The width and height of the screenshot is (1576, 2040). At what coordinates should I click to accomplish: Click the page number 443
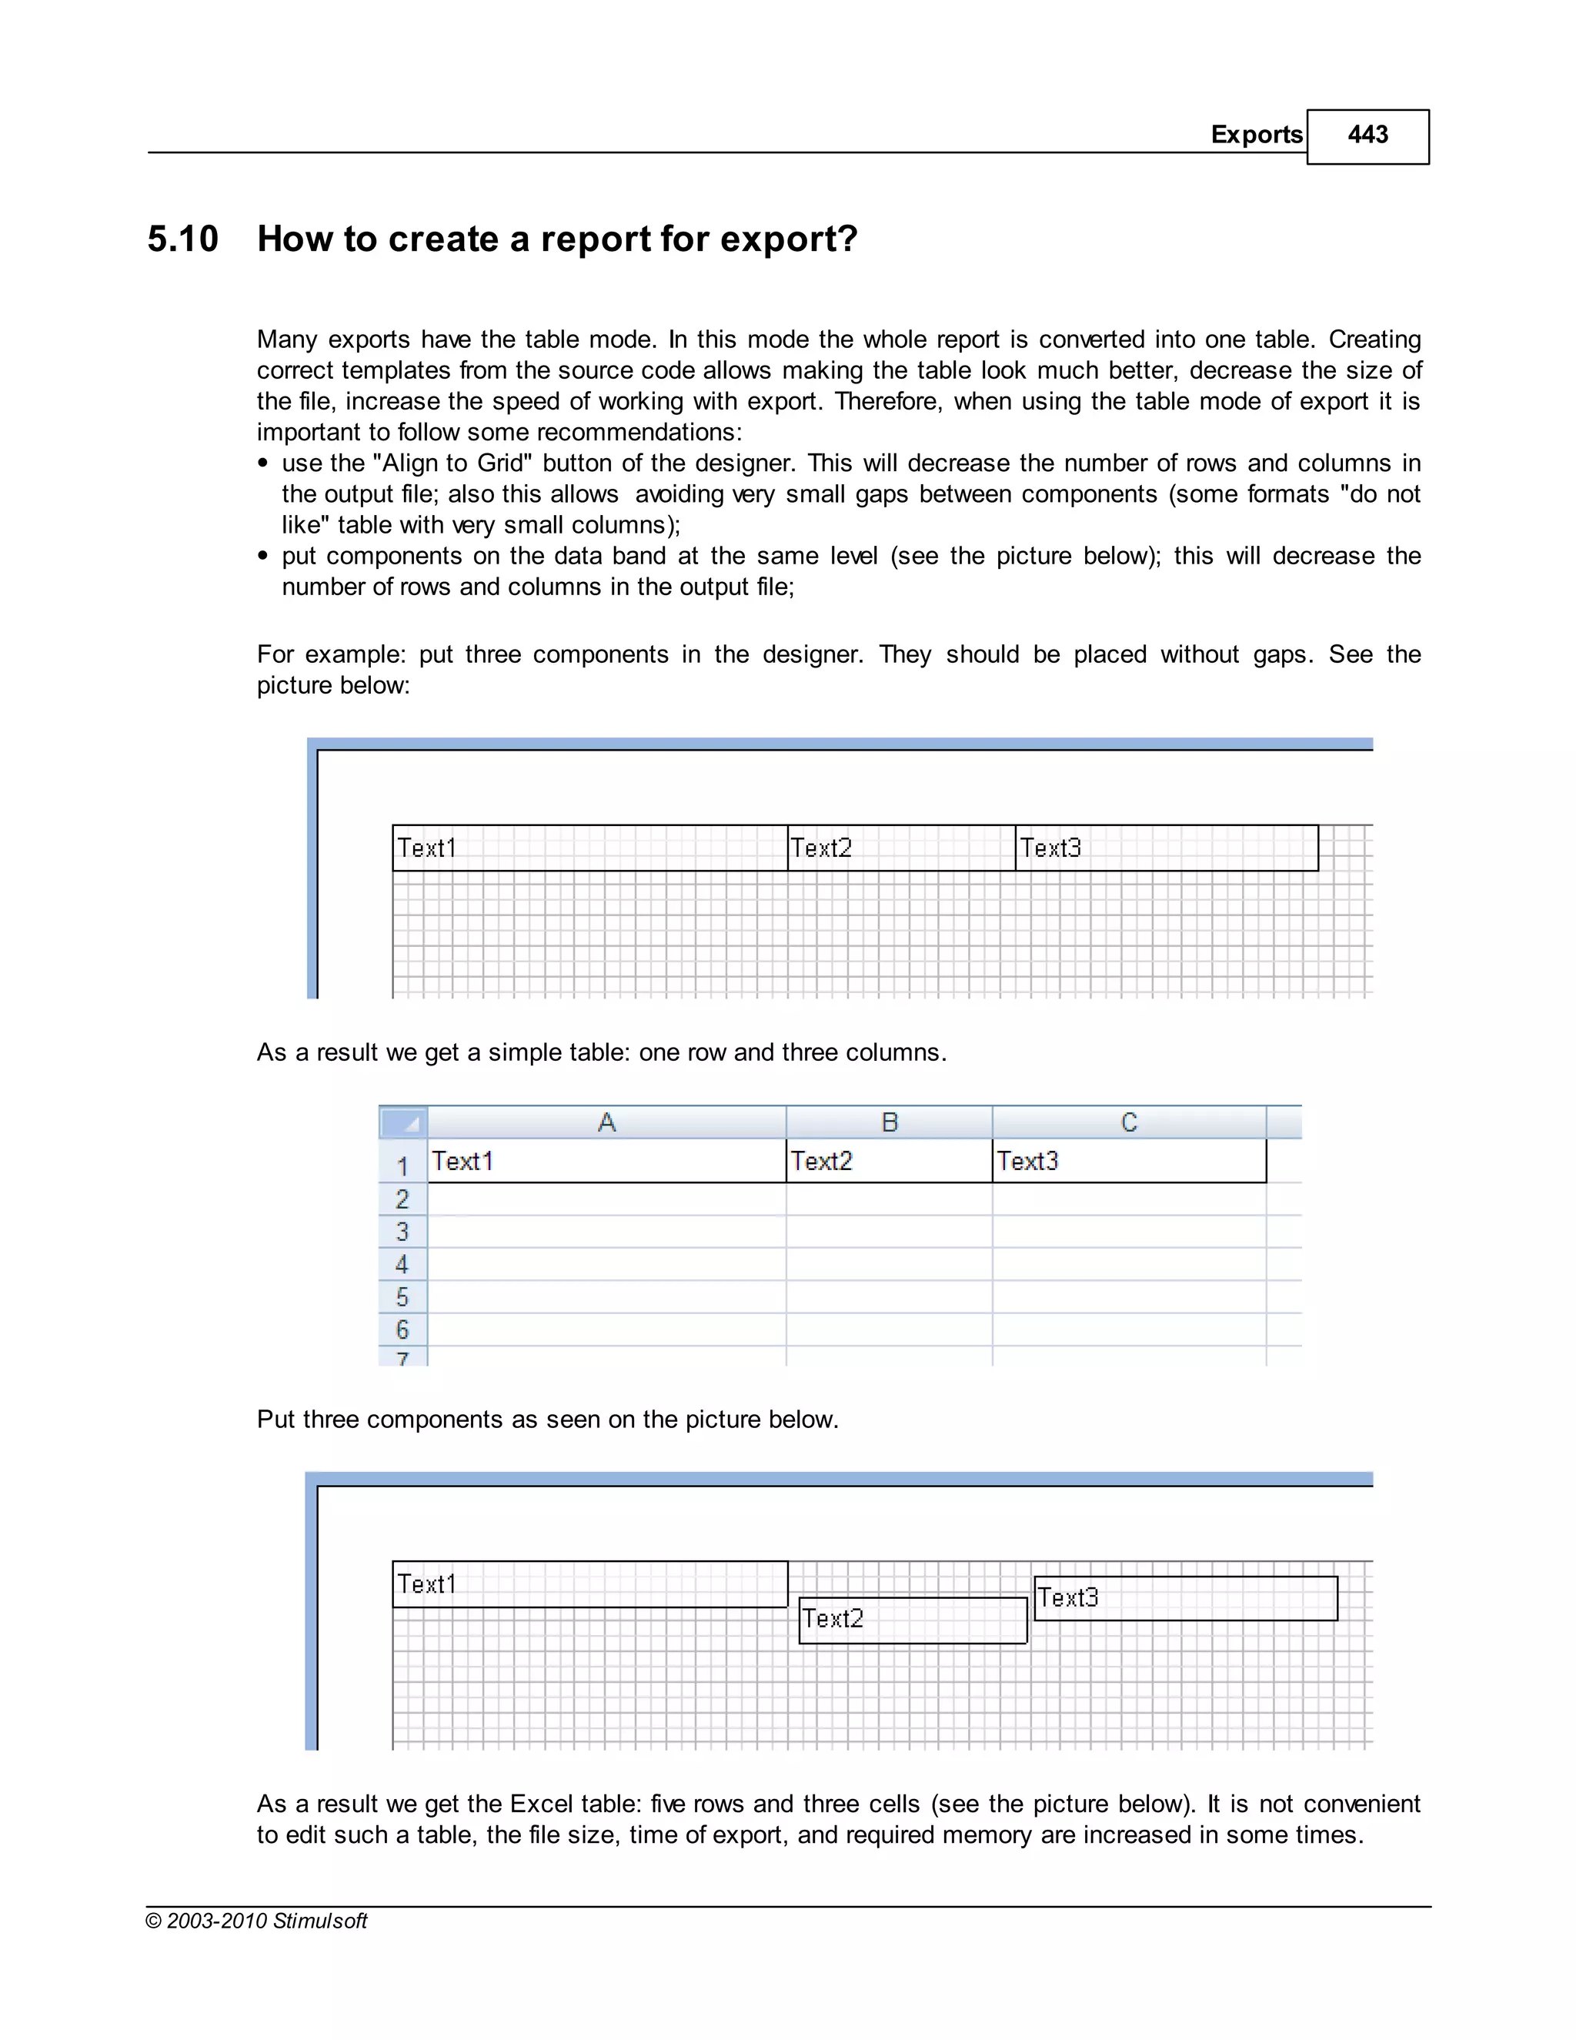[x=1367, y=135]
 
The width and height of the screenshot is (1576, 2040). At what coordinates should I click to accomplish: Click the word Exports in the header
[x=1256, y=135]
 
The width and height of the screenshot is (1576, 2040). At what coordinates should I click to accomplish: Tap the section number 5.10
[x=183, y=239]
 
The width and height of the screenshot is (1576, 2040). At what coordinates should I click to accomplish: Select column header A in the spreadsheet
[x=607, y=1122]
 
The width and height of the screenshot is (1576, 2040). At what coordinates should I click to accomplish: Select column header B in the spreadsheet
[x=889, y=1122]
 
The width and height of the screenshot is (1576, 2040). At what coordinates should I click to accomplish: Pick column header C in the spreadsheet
[x=1129, y=1122]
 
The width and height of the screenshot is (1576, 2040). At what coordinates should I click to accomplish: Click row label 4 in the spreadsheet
[x=402, y=1265]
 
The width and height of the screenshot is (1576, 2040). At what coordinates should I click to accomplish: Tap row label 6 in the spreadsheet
[x=402, y=1329]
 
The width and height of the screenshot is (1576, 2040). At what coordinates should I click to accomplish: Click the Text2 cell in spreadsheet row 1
[x=888, y=1161]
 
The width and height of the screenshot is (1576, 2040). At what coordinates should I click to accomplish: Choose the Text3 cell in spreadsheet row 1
[x=1129, y=1161]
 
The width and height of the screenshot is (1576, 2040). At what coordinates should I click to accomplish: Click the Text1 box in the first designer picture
[x=589, y=848]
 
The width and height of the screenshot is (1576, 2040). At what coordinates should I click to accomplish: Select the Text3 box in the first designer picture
[x=1166, y=848]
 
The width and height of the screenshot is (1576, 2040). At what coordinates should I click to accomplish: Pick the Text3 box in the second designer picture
[x=1185, y=1598]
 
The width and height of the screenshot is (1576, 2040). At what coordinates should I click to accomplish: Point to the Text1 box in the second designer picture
[x=589, y=1584]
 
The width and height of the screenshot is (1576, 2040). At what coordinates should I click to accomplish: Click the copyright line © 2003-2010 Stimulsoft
[x=257, y=1921]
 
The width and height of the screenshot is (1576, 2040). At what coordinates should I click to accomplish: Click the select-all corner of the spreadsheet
[x=403, y=1122]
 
